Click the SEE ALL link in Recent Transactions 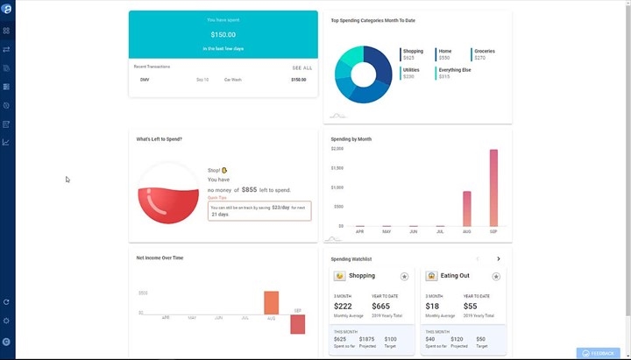pyautogui.click(x=301, y=67)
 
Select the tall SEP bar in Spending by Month pyautogui.click(x=493, y=187)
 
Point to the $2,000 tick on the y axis pyautogui.click(x=337, y=149)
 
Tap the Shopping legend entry pyautogui.click(x=413, y=52)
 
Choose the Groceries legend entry pyautogui.click(x=485, y=52)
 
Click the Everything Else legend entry pyautogui.click(x=455, y=70)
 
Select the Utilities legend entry pyautogui.click(x=410, y=70)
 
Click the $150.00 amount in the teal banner pyautogui.click(x=223, y=34)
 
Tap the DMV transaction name pyautogui.click(x=145, y=80)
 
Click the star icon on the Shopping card pyautogui.click(x=404, y=276)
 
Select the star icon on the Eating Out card pyautogui.click(x=496, y=276)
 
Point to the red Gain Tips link pyautogui.click(x=217, y=198)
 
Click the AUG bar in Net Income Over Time pyautogui.click(x=271, y=302)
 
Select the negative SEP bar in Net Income pyautogui.click(x=297, y=324)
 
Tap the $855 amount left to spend pyautogui.click(x=250, y=189)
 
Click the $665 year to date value pyautogui.click(x=381, y=306)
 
